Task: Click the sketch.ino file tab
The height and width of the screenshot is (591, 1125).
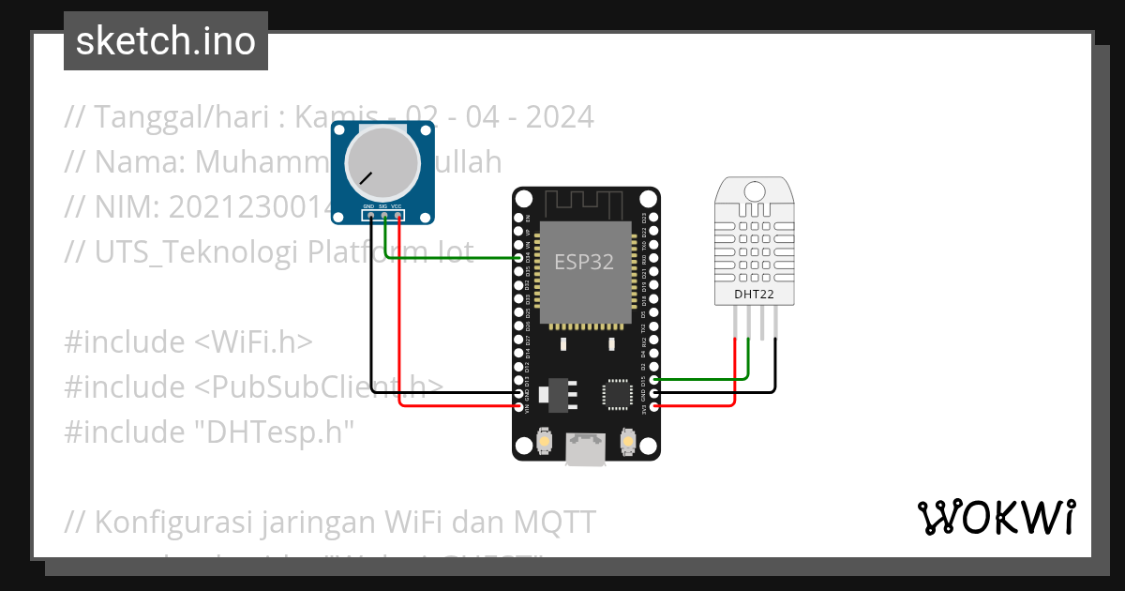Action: (166, 41)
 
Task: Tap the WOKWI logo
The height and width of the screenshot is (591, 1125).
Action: (996, 517)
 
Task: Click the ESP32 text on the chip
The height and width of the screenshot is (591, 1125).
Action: (584, 262)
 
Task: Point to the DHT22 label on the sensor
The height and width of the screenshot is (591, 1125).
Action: (754, 295)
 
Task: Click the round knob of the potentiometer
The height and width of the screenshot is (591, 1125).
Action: (381, 162)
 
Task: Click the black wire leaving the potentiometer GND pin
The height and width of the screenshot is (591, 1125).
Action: (372, 319)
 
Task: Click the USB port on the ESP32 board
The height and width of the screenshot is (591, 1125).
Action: (586, 450)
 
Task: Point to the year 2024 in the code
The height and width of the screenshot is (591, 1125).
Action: (560, 118)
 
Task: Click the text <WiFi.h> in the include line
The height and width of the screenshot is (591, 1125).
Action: (253, 342)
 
